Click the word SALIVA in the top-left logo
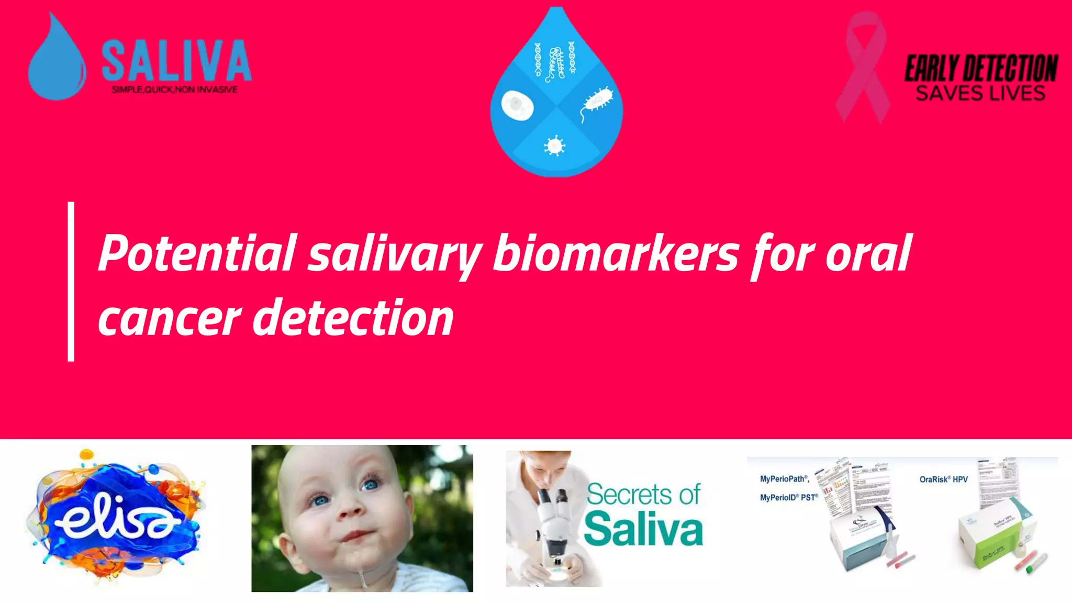coord(176,61)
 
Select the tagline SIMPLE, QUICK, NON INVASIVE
coord(175,90)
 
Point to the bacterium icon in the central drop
coord(598,100)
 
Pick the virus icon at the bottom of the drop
coord(555,146)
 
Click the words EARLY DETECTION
coord(981,69)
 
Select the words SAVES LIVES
coord(980,94)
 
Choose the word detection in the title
coord(354,318)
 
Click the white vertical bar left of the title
coord(71,282)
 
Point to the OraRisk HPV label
coord(944,479)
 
